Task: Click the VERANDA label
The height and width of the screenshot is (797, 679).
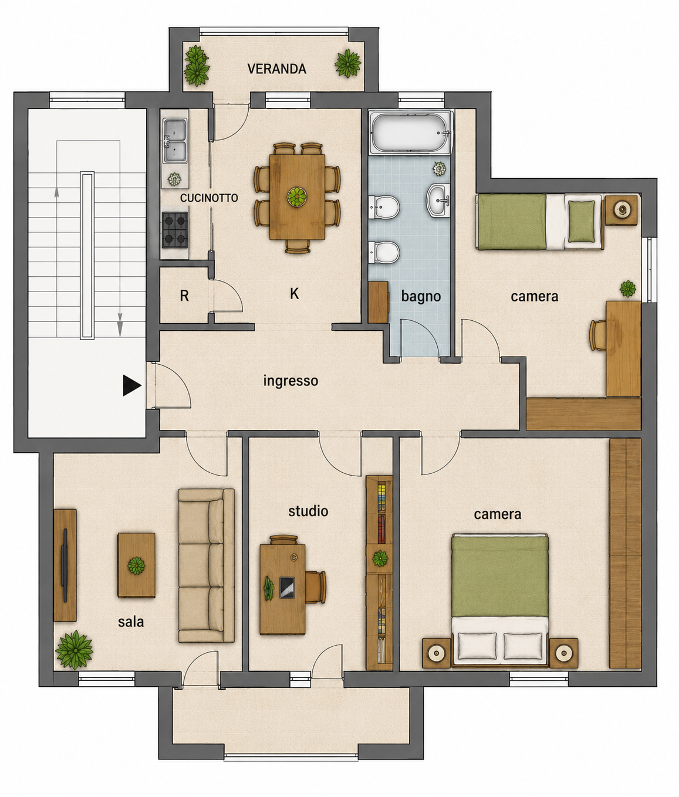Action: (276, 69)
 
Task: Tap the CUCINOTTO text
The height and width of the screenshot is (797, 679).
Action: (209, 198)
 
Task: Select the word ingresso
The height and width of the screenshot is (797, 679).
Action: (290, 381)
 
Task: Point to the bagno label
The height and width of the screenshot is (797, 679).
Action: (421, 297)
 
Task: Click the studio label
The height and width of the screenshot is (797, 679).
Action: (308, 511)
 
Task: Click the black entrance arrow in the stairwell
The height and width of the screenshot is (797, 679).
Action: (132, 385)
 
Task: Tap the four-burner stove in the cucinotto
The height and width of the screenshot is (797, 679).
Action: (175, 230)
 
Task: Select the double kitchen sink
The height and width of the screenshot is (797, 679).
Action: (175, 140)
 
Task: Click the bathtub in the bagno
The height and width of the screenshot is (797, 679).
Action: (410, 133)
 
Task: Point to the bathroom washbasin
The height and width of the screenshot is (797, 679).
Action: (438, 199)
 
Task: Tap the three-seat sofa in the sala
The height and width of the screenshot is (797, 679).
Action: (207, 566)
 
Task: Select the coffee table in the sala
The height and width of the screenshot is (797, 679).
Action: (137, 565)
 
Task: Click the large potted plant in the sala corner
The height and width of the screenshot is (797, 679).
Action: (74, 650)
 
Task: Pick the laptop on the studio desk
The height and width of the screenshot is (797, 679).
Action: (287, 588)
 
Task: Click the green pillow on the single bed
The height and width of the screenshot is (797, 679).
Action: (582, 221)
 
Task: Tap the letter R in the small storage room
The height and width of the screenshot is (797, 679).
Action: (184, 296)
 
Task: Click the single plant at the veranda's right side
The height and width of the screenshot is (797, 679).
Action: (348, 63)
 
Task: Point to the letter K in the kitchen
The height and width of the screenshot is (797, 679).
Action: (295, 294)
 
